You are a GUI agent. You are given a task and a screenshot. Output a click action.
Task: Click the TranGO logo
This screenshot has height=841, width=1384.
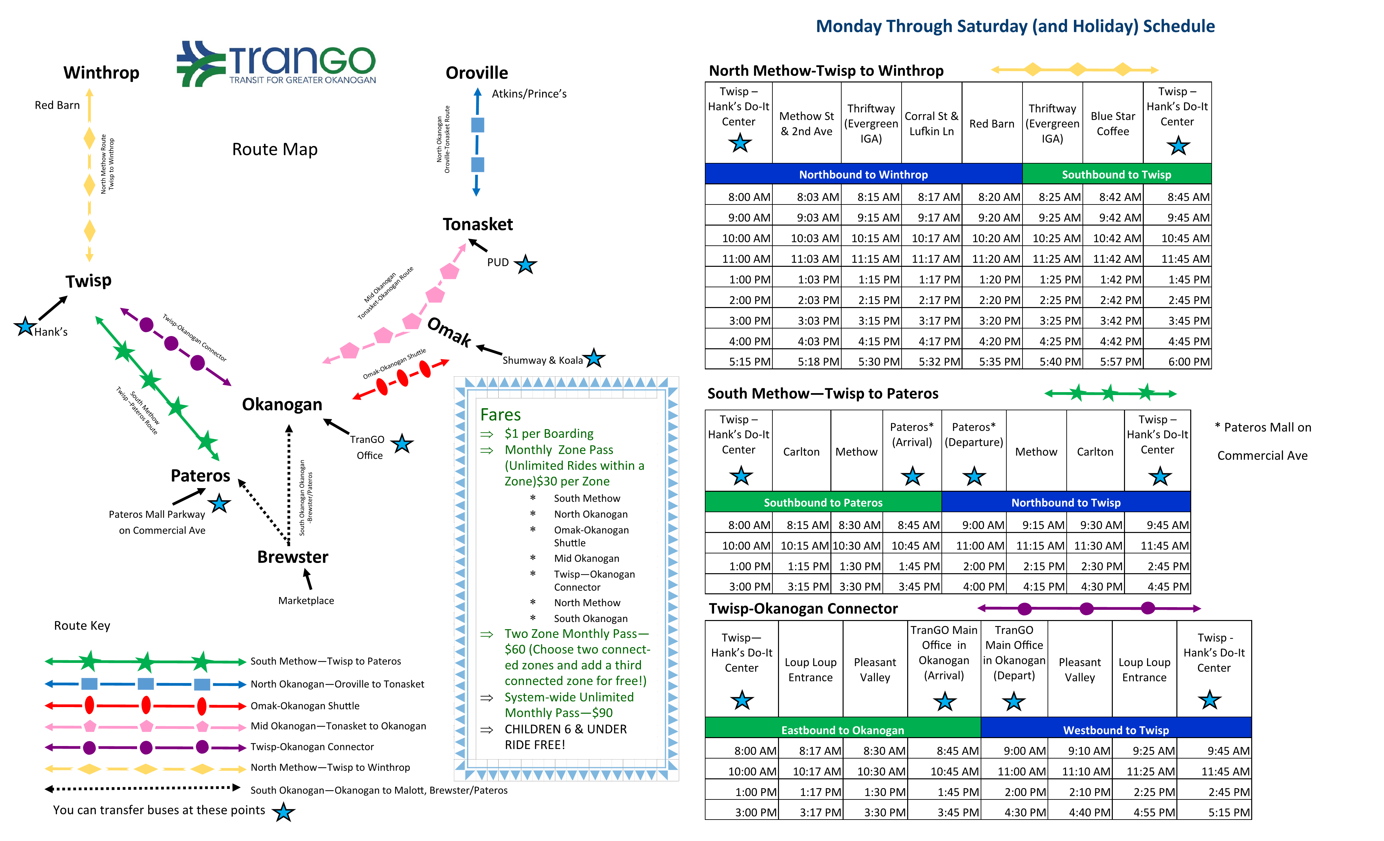pos(276,64)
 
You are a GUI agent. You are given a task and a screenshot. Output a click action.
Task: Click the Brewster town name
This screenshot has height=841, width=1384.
pos(293,557)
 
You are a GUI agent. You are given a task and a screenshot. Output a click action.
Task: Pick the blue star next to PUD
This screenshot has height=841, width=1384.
pos(526,264)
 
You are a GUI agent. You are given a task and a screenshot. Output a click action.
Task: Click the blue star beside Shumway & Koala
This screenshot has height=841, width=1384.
pos(594,358)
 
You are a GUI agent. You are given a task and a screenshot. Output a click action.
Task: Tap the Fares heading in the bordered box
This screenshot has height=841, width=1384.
pos(501,415)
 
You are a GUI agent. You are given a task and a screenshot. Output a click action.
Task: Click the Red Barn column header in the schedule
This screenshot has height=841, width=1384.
pos(992,124)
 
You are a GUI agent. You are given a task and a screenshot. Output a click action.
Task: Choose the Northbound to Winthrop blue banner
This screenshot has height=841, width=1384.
pos(863,174)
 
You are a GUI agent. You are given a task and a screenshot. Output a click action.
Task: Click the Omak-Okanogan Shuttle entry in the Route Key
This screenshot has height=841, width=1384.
pos(304,705)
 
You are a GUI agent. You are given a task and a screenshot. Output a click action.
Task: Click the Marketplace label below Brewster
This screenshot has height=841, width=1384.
pos(306,600)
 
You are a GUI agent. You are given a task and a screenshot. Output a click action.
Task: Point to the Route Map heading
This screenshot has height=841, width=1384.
pos(275,149)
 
